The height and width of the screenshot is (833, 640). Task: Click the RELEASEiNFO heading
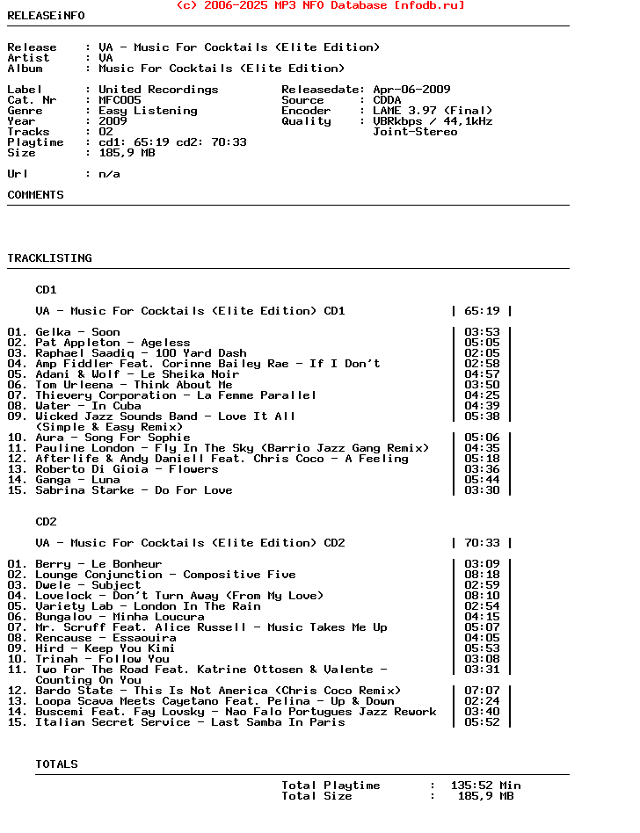[47, 16]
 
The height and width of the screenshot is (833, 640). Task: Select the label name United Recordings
[158, 90]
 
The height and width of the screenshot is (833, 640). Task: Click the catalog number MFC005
[120, 100]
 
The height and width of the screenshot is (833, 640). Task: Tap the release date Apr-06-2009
[411, 90]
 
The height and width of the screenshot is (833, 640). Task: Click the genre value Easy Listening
[148, 111]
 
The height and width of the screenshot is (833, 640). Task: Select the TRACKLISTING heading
[49, 258]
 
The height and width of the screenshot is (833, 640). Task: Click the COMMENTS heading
[35, 195]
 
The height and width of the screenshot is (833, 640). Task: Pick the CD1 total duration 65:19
[482, 311]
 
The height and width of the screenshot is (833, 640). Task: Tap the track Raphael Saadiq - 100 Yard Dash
[141, 353]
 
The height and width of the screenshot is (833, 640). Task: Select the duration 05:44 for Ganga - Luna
[482, 480]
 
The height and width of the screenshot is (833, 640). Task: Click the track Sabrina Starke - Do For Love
[134, 490]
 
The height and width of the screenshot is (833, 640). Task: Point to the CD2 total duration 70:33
[482, 543]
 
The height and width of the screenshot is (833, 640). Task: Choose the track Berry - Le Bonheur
[98, 564]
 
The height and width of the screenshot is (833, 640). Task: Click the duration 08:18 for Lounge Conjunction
[482, 575]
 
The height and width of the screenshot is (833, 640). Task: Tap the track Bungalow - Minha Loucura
[120, 617]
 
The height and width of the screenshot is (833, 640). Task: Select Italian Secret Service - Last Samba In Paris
[190, 722]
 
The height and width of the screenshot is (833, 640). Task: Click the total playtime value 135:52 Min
[485, 786]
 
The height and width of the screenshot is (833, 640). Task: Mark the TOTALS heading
[56, 764]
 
